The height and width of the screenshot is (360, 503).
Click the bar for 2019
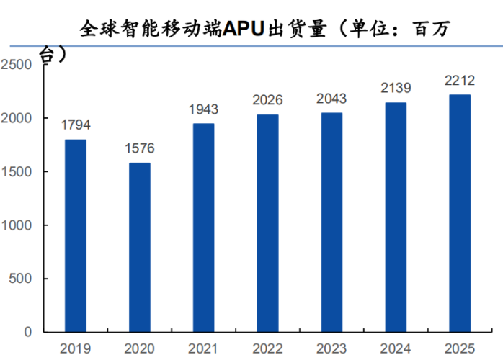pyautogui.click(x=76, y=235)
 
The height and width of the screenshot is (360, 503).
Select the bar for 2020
pyautogui.click(x=140, y=247)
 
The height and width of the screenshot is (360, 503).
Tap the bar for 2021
pyautogui.click(x=204, y=228)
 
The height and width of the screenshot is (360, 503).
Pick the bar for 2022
pyautogui.click(x=267, y=223)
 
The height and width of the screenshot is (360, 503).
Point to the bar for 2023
pyautogui.click(x=331, y=222)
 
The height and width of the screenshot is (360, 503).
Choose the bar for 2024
pyautogui.click(x=396, y=217)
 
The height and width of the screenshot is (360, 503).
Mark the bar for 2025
pyautogui.click(x=459, y=213)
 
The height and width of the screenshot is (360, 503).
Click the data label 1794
pyautogui.click(x=76, y=125)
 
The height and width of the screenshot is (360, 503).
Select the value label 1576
pyautogui.click(x=140, y=149)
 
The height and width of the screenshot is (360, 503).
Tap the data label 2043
pyautogui.click(x=331, y=99)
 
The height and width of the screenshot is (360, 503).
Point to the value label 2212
pyautogui.click(x=459, y=81)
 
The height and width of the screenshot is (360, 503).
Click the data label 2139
pyautogui.click(x=396, y=88)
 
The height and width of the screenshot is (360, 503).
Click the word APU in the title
pyautogui.click(x=244, y=30)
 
